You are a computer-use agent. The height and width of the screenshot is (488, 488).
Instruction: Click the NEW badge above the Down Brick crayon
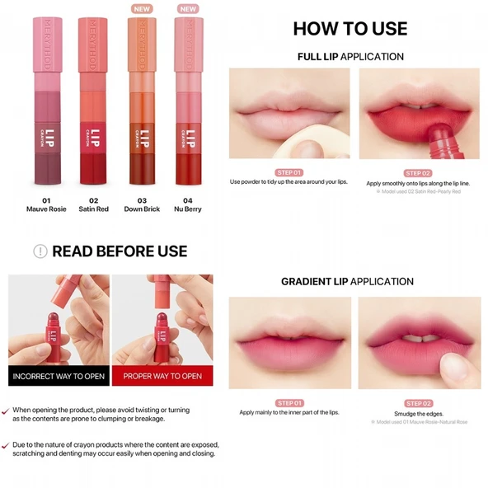142,9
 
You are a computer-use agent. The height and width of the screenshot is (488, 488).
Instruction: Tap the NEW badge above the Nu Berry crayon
189,9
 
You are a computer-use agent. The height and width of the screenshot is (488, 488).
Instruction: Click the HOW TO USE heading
350,29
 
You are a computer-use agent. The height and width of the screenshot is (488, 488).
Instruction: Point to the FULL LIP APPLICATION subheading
350,57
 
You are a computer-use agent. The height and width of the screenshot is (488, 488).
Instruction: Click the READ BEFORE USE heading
120,251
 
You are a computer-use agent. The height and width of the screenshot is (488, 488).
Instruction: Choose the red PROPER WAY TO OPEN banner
162,376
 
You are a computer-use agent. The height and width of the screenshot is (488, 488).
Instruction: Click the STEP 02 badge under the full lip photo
418,172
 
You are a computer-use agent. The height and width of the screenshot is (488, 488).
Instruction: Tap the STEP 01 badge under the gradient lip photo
289,403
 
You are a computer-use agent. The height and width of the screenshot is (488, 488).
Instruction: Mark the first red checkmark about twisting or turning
6,410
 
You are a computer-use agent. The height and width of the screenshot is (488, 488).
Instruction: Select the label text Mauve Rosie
46,209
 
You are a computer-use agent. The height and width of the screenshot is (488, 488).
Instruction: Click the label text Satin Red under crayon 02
93,209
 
